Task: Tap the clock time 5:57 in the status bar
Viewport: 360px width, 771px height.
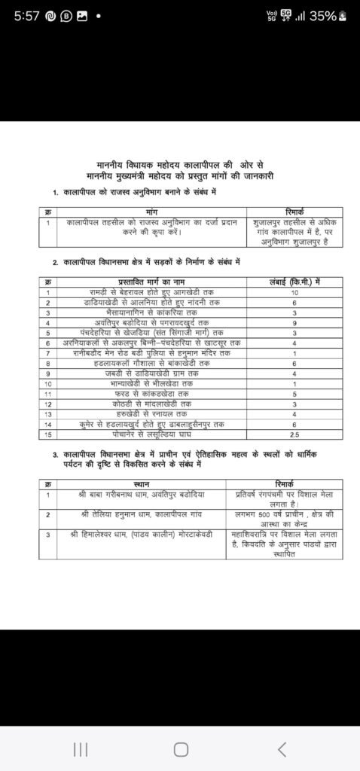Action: click(29, 14)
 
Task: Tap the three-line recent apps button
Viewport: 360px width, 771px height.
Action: click(81, 748)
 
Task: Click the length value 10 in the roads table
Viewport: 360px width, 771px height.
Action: click(294, 291)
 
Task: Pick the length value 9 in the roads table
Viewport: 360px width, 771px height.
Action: click(294, 322)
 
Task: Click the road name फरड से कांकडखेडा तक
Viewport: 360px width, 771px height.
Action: click(151, 393)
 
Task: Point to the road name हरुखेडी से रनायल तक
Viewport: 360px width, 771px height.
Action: click(151, 413)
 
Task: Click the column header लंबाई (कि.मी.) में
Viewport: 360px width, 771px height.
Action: click(294, 281)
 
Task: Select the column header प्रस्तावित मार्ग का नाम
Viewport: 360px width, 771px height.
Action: click(151, 281)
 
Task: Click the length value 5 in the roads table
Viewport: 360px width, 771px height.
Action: click(294, 393)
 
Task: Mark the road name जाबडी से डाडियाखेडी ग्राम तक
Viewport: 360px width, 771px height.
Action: click(151, 373)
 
